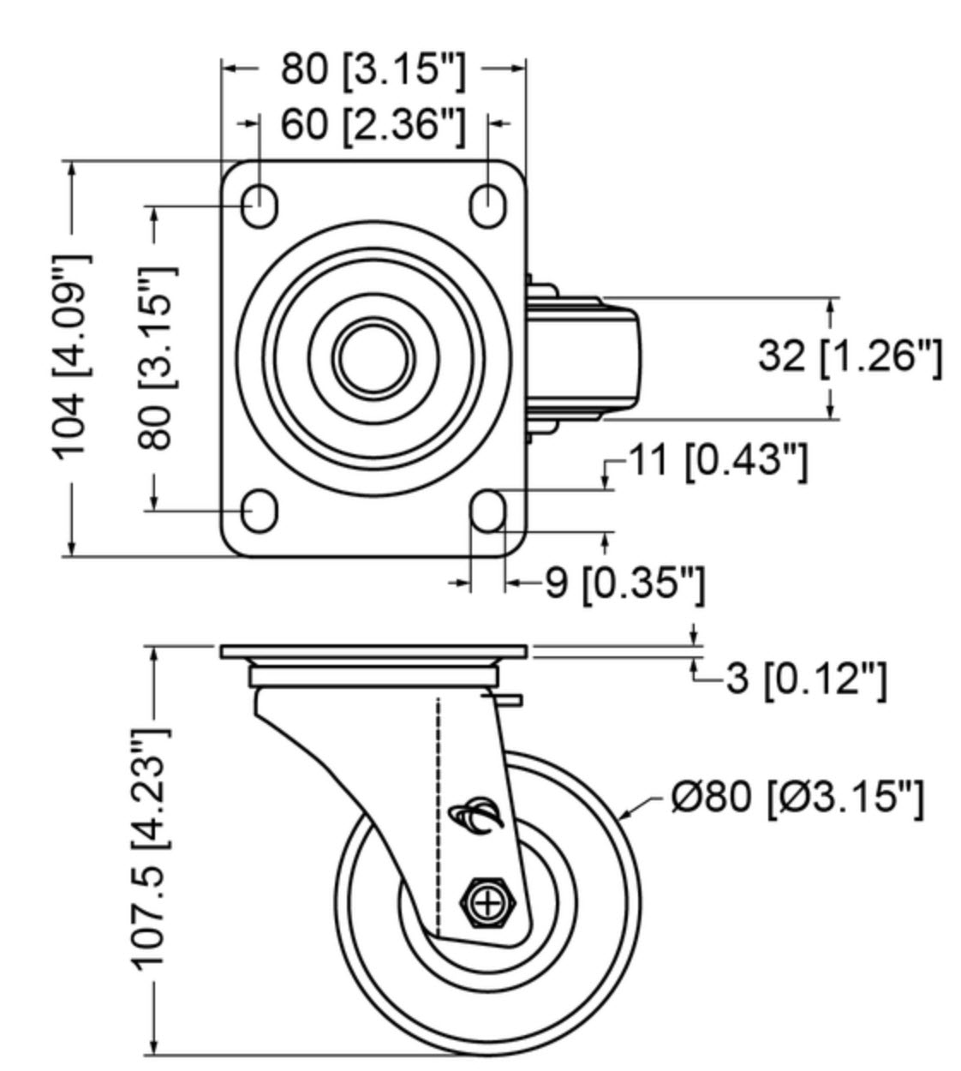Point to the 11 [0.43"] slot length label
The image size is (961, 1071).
pyautogui.click(x=719, y=461)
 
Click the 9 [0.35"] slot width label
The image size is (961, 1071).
pyautogui.click(x=625, y=584)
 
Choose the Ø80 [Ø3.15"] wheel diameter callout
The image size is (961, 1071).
pyautogui.click(x=797, y=798)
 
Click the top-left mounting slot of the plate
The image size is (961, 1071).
pyautogui.click(x=259, y=205)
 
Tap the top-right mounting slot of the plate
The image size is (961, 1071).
pyautogui.click(x=488, y=205)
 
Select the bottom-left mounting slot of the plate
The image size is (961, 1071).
pyautogui.click(x=259, y=511)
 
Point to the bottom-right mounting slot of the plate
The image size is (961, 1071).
pyautogui.click(x=488, y=511)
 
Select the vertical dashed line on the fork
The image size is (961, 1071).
pyautogui.click(x=439, y=814)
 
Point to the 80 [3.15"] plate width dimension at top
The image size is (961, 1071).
pyautogui.click(x=373, y=69)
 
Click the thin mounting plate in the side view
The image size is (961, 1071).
pyautogui.click(x=373, y=652)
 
